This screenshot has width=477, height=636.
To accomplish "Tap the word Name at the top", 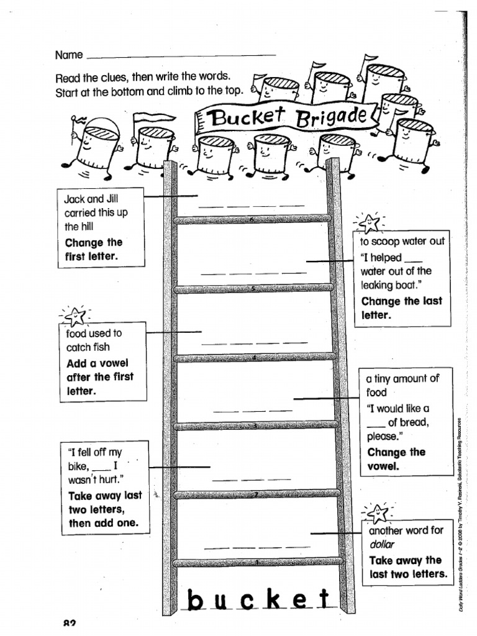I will (69, 55).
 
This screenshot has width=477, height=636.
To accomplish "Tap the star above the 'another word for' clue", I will (378, 513).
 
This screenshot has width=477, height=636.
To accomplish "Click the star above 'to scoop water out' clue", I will (369, 221).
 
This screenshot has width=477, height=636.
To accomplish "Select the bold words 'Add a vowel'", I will (97, 363).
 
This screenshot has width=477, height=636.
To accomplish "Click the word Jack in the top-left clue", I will (75, 199).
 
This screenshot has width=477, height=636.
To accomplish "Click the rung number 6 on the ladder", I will (252, 219).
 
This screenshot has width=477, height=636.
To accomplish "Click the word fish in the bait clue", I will (101, 347).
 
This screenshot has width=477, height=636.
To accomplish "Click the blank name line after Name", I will (180, 55).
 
